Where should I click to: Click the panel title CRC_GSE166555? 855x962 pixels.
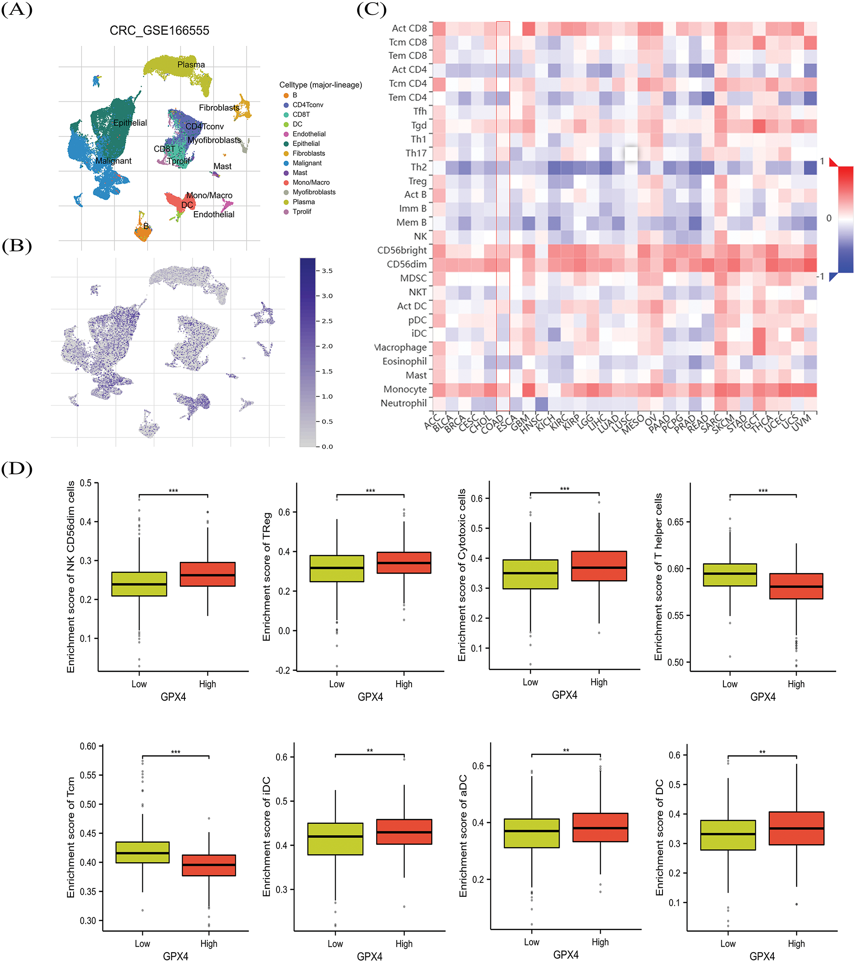[x=159, y=31]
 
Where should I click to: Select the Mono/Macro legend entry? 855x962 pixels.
[x=311, y=183]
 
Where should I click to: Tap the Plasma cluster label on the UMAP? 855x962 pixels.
[x=191, y=65]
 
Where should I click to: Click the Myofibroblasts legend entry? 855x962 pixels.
[x=314, y=192]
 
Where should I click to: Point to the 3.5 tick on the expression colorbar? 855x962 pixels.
[x=327, y=271]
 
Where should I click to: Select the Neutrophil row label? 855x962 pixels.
[x=403, y=403]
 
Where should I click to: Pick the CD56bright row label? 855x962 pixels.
[x=402, y=251]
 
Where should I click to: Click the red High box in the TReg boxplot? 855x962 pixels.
[x=403, y=562]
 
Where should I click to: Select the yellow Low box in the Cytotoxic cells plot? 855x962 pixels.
[x=530, y=574]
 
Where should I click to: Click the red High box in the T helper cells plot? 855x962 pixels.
[x=796, y=586]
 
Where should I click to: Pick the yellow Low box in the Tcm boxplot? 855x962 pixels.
[x=143, y=852]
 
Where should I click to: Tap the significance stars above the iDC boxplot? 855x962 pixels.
[x=370, y=750]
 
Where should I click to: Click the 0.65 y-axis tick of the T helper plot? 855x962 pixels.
[x=675, y=522]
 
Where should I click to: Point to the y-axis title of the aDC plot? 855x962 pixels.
[x=463, y=835]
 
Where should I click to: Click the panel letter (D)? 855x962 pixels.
[x=17, y=469]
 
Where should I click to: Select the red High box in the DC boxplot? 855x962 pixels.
[x=796, y=828]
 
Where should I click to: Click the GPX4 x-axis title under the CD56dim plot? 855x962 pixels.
[x=173, y=697]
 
